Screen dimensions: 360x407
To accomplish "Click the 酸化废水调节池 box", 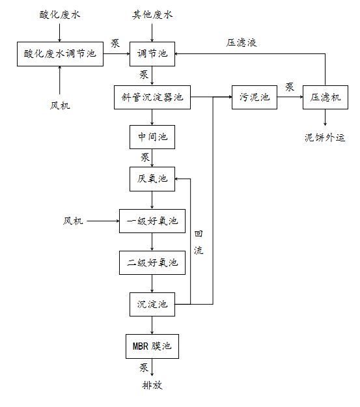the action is pos(60,54).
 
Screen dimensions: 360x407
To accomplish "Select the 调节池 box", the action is pos(152,54).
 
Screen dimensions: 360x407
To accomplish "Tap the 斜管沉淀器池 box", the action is pos(152,97).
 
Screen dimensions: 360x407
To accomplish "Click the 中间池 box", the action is pos(152,137).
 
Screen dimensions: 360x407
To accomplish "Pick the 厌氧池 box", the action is pos(152,179).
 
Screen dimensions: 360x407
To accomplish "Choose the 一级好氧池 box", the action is pos(152,221).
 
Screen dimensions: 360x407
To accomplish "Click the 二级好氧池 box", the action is pos(152,262).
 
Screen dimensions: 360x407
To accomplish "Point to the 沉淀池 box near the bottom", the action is pos(152,305).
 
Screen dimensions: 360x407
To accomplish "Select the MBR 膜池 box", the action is pos(152,346).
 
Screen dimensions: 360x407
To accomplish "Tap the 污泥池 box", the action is pos(255,97).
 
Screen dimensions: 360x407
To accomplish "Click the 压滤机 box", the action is pos(325,97).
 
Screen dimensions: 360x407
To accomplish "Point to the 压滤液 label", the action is pos(242,42).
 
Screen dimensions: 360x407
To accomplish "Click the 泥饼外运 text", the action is pos(325,137).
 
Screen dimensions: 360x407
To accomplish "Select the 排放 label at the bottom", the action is pos(152,385).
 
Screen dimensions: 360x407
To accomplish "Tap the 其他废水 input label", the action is pos(152,15).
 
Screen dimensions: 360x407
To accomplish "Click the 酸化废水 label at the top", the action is pos(60,15).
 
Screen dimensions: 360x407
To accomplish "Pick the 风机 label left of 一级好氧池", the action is pos(73,221).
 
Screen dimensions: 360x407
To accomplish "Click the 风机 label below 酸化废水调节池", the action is pos(60,105).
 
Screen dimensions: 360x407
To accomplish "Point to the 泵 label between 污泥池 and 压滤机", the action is pos(290,87).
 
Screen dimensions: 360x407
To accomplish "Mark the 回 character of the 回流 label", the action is pos(199,234).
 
